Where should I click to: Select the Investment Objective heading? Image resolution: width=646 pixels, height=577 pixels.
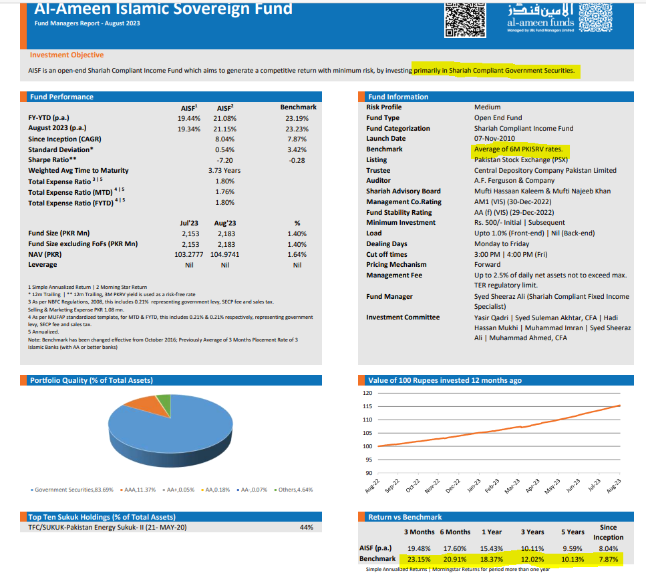67,55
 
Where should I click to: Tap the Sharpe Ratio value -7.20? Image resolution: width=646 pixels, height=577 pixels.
224,160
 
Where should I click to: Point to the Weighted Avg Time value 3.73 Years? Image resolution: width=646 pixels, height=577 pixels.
224,171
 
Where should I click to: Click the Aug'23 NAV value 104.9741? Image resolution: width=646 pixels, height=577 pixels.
224,255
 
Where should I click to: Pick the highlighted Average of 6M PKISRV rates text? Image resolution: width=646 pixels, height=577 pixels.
518,149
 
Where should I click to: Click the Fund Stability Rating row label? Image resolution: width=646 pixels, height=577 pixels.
399,213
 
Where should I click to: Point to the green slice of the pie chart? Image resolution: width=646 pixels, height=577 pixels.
162,402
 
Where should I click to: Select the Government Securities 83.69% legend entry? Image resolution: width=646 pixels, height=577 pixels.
73,490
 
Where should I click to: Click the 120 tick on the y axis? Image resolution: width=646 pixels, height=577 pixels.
367,394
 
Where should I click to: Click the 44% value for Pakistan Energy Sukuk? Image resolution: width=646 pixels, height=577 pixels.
307,528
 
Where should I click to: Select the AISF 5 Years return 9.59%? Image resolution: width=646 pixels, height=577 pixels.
572,548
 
